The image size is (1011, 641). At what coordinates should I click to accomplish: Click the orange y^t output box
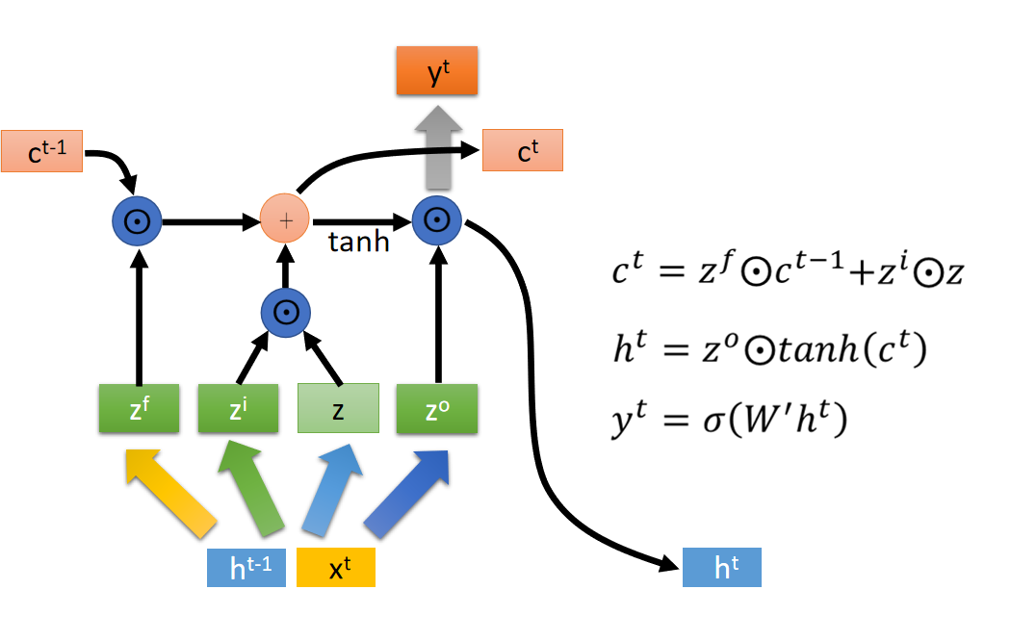(x=437, y=71)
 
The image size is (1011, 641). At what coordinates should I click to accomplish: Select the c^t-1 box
(x=42, y=151)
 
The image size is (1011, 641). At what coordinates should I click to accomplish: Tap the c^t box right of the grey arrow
(x=523, y=150)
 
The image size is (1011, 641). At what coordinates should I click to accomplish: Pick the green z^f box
(x=140, y=408)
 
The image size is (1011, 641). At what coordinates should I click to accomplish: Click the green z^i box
(x=239, y=408)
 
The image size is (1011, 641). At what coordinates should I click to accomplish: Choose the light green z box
(x=339, y=408)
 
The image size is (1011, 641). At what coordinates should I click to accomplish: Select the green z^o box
(x=437, y=408)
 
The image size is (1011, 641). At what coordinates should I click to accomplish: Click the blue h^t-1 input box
(x=246, y=568)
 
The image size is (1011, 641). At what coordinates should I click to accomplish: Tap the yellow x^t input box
(x=336, y=568)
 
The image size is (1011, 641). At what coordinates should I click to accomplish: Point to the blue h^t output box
(x=722, y=568)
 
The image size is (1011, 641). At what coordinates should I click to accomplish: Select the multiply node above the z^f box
(x=138, y=221)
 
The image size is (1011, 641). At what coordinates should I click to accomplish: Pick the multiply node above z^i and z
(x=286, y=313)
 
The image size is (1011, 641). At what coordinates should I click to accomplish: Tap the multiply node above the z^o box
(x=437, y=220)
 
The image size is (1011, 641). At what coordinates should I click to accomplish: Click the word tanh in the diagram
(x=359, y=243)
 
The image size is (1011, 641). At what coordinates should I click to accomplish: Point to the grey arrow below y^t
(x=438, y=148)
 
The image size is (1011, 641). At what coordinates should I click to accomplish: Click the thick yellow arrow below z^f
(x=170, y=494)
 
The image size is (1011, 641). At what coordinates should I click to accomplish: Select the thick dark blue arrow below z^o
(x=407, y=494)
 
